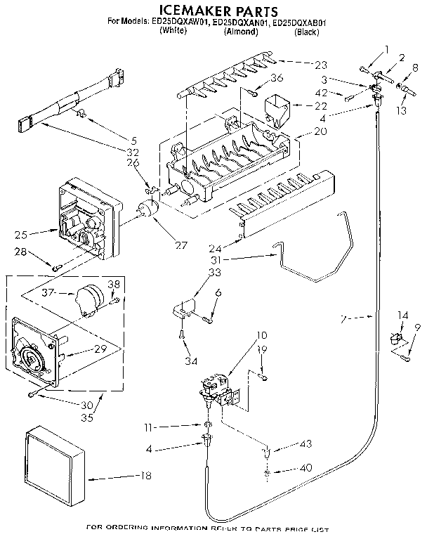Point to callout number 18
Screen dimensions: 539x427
point(145,476)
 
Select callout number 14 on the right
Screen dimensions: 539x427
point(402,314)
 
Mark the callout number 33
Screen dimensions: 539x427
point(215,271)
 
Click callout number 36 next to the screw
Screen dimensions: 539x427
point(277,77)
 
